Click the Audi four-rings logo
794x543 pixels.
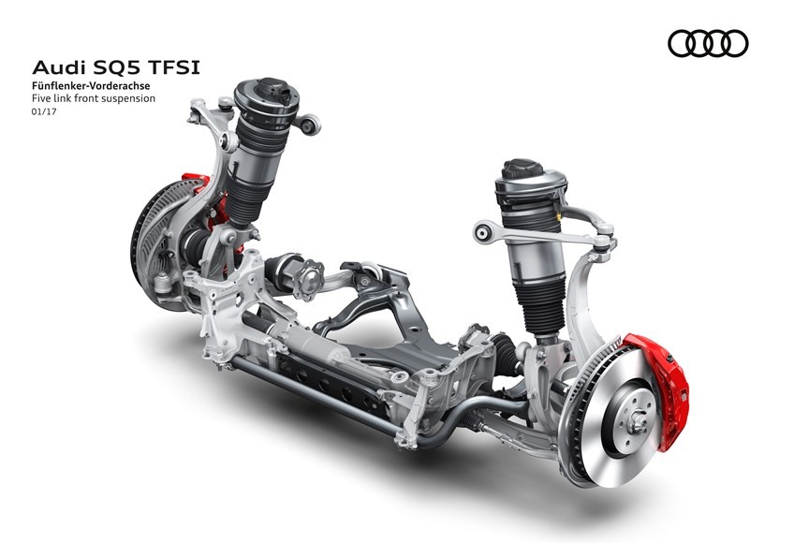[x=708, y=43]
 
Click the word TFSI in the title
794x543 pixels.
[x=175, y=67]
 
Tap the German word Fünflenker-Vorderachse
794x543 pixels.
[x=91, y=86]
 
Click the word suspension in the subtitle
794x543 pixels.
[x=128, y=99]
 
